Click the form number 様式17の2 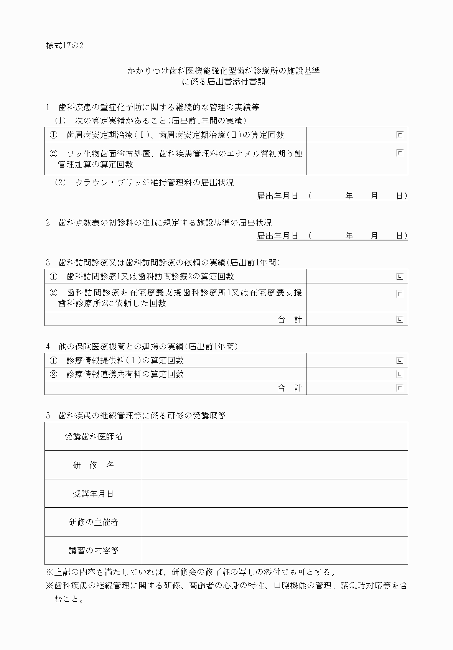pyautogui.click(x=64, y=46)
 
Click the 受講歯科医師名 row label pyautogui.click(x=93, y=436)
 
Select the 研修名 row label pyautogui.click(x=93, y=465)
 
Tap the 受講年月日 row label pyautogui.click(x=93, y=494)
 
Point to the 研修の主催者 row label pyautogui.click(x=93, y=522)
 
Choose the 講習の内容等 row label pyautogui.click(x=93, y=551)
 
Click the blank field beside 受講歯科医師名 pyautogui.click(x=275, y=436)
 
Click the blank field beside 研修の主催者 pyautogui.click(x=275, y=522)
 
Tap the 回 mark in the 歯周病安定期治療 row pyautogui.click(x=400, y=135)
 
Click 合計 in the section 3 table pyautogui.click(x=290, y=319)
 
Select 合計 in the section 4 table pyautogui.click(x=290, y=388)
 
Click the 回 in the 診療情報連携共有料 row pyautogui.click(x=400, y=374)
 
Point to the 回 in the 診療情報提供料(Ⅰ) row pyautogui.click(x=400, y=360)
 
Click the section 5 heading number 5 pyautogui.click(x=48, y=415)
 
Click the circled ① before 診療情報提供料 pyautogui.click(x=53, y=360)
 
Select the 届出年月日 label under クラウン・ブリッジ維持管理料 pyautogui.click(x=277, y=196)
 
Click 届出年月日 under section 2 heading pyautogui.click(x=277, y=236)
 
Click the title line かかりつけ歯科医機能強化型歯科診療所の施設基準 pyautogui.click(x=224, y=71)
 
